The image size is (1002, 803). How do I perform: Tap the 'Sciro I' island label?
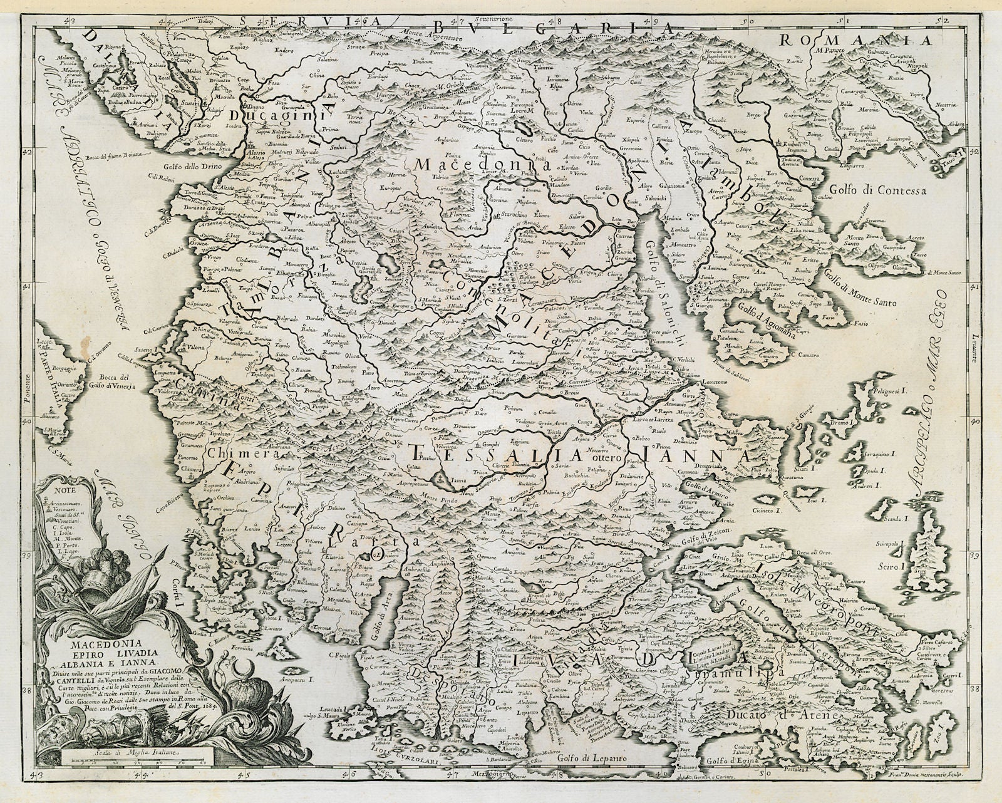[909, 566]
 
